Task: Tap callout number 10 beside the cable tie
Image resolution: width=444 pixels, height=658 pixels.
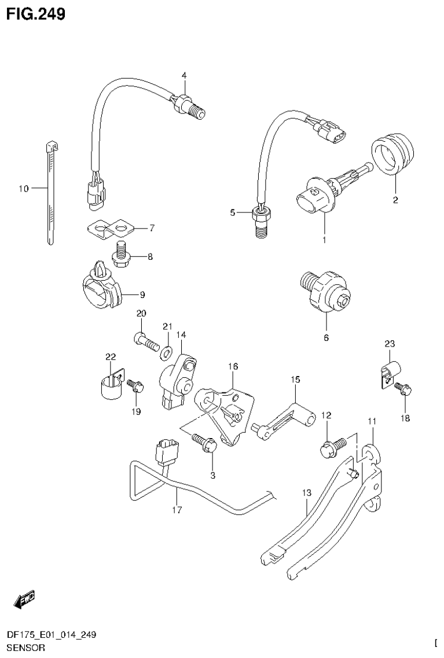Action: tap(23, 188)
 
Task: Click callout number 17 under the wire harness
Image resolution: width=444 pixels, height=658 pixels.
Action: tap(177, 510)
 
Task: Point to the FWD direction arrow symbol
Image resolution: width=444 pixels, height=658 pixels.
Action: tap(24, 600)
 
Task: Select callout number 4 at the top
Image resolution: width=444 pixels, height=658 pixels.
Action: tap(184, 75)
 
